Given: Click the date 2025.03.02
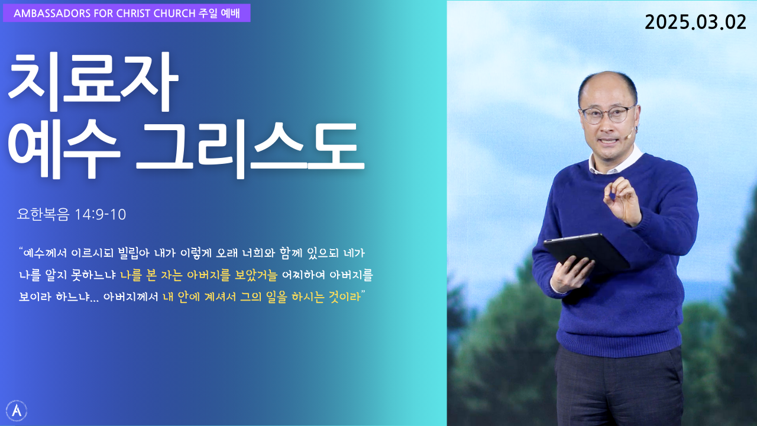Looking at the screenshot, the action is [x=695, y=22].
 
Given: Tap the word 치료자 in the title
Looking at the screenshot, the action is [x=93, y=82].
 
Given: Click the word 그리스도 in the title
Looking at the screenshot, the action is [x=250, y=149].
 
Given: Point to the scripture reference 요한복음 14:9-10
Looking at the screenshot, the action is [x=72, y=214].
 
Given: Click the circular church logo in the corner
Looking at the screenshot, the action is [x=16, y=411].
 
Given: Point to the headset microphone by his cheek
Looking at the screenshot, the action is [x=630, y=134].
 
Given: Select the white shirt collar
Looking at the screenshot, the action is [x=615, y=161].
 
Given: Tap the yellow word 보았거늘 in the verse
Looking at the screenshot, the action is [x=255, y=275].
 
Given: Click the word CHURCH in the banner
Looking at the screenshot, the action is [x=174, y=13].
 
